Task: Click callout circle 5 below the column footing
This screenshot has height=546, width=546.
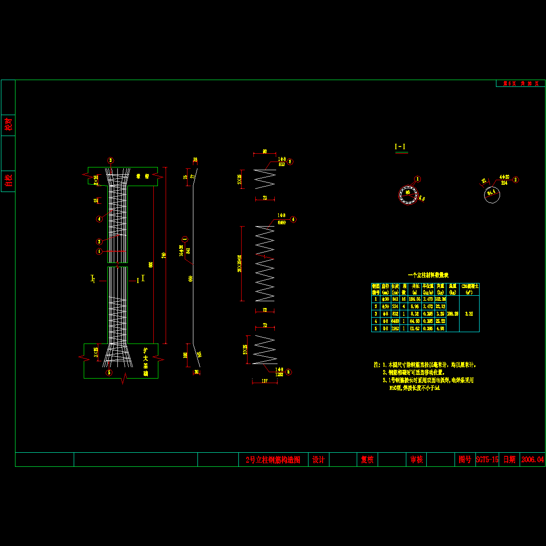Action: coord(109,373)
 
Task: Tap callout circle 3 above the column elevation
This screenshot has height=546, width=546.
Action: coord(110,160)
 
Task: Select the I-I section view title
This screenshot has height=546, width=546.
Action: coord(400,147)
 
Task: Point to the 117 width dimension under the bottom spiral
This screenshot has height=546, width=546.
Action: coord(264,381)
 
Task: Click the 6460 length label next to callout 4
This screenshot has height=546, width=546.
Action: coord(282,223)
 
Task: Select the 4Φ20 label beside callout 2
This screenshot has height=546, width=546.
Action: coord(504,177)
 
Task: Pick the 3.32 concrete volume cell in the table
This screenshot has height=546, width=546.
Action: coord(469,313)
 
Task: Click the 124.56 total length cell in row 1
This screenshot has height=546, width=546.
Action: coord(415,299)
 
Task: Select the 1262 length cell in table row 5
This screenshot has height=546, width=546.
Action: coord(395,328)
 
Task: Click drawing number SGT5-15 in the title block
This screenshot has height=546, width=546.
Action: coord(487,460)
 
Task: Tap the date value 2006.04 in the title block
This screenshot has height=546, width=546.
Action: coord(532,460)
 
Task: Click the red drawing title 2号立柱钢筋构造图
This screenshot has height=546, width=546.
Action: coord(273,460)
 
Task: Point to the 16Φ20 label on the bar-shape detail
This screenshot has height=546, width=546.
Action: coord(182,250)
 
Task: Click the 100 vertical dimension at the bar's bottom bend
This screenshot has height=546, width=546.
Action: coord(185,354)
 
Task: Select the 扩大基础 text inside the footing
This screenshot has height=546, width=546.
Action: coord(146,362)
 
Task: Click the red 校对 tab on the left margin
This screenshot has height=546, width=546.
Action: coord(8,125)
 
